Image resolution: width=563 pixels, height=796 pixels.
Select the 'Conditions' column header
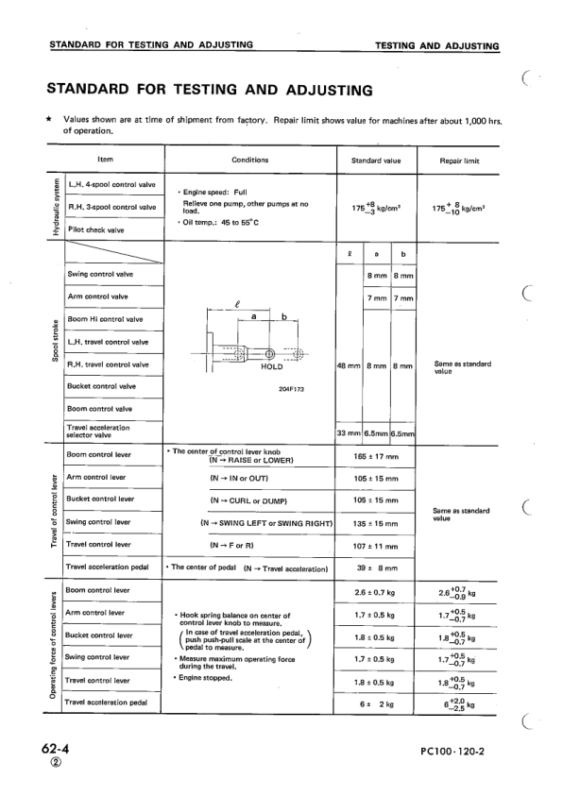[x=249, y=161]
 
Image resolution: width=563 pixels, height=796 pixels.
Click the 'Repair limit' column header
[x=460, y=161]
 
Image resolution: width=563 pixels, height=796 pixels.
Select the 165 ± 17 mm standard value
[x=375, y=456]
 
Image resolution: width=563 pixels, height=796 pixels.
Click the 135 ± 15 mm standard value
[x=375, y=522]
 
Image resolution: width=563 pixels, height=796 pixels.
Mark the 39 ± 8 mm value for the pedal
[x=375, y=568]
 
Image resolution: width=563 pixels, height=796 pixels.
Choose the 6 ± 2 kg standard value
[x=375, y=703]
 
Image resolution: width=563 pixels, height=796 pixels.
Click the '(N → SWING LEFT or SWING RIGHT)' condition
[x=268, y=522]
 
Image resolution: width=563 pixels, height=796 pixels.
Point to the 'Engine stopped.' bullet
[x=210, y=678]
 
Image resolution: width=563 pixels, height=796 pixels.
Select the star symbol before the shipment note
[x=48, y=121]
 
